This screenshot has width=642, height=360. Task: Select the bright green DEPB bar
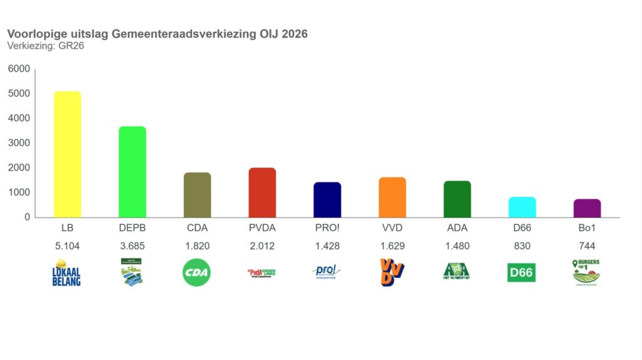click(132, 172)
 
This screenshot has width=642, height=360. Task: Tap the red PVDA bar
click(262, 193)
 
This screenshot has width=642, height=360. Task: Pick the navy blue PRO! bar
click(327, 199)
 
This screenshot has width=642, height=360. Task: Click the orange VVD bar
click(392, 197)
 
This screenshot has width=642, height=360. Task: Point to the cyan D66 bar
click(522, 207)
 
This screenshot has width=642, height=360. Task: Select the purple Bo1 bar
click(587, 208)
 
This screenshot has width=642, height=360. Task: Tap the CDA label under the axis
click(197, 228)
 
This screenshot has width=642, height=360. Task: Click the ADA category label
click(457, 228)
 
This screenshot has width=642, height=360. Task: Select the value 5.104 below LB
click(67, 246)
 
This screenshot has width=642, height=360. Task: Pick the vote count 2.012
click(262, 246)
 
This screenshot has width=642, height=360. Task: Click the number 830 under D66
click(522, 246)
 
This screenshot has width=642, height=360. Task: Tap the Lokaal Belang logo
click(66, 273)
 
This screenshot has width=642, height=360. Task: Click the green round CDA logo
click(197, 273)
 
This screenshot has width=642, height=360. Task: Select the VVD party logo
click(392, 273)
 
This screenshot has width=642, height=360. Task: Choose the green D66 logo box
click(522, 273)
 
